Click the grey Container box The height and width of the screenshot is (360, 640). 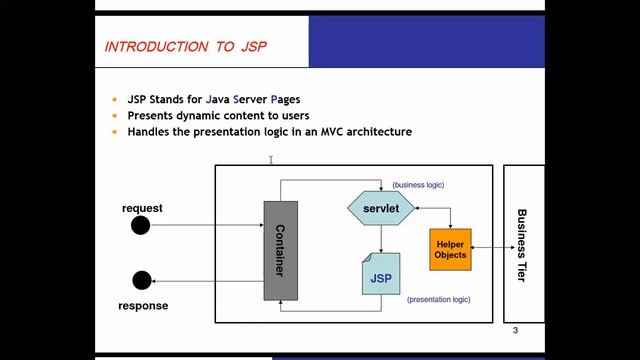pyautogui.click(x=280, y=250)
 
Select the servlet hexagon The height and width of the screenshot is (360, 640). pyautogui.click(x=381, y=207)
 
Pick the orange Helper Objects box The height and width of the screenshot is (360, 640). pyautogui.click(x=450, y=249)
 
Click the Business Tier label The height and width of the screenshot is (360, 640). pyautogui.click(x=521, y=245)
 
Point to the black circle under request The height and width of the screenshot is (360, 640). pyautogui.click(x=141, y=226)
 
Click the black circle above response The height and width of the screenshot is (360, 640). pyautogui.click(x=141, y=282)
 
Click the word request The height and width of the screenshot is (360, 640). pyautogui.click(x=142, y=208)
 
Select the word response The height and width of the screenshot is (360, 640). pyautogui.click(x=144, y=305)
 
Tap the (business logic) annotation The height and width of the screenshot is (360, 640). pyautogui.click(x=418, y=185)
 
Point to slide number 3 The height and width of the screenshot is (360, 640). pyautogui.click(x=515, y=331)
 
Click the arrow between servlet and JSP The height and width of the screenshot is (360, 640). pyautogui.click(x=381, y=238)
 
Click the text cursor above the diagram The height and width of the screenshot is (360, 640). pyautogui.click(x=270, y=158)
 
